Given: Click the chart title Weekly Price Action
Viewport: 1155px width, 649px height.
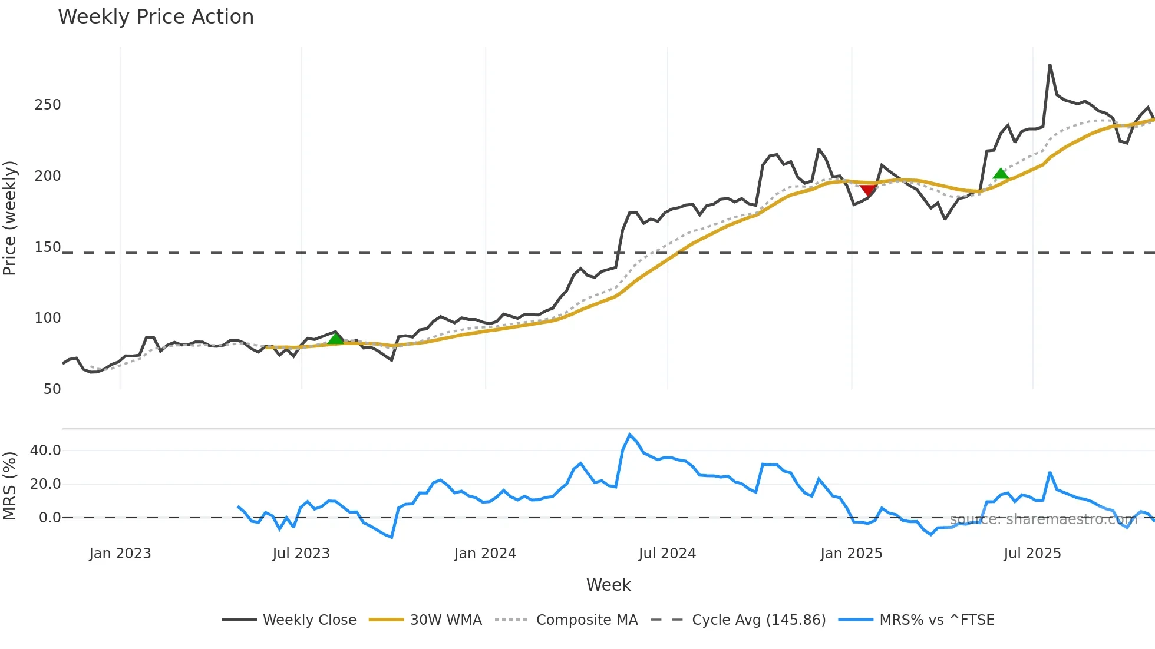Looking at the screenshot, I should point(156,17).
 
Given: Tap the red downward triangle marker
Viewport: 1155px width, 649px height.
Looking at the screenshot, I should point(867,189).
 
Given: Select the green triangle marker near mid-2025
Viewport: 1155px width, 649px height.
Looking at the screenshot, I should point(1001,174).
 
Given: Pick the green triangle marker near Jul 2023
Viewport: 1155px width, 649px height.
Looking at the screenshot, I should point(335,339).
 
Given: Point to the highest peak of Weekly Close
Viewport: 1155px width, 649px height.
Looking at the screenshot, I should point(1050,65).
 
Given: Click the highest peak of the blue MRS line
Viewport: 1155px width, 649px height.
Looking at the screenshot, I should point(630,435).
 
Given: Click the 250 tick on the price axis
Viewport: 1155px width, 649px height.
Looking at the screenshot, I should point(48,105).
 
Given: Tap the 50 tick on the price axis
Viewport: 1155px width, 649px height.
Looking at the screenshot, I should point(52,389).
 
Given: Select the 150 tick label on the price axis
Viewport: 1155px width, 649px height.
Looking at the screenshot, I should point(48,247).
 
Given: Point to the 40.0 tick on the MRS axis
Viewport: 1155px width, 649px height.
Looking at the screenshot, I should point(45,451).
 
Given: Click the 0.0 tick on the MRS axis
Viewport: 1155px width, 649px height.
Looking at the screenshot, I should point(49,518).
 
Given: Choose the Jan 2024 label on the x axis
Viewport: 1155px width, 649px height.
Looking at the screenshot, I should point(485,554).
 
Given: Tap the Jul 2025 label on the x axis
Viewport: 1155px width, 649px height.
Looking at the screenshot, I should point(1032,554).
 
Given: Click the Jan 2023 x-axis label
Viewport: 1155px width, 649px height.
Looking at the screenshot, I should point(120,554).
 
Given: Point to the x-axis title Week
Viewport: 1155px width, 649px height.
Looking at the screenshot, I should point(608,585).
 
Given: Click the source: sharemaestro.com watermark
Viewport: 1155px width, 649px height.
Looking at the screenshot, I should point(1043,519).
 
